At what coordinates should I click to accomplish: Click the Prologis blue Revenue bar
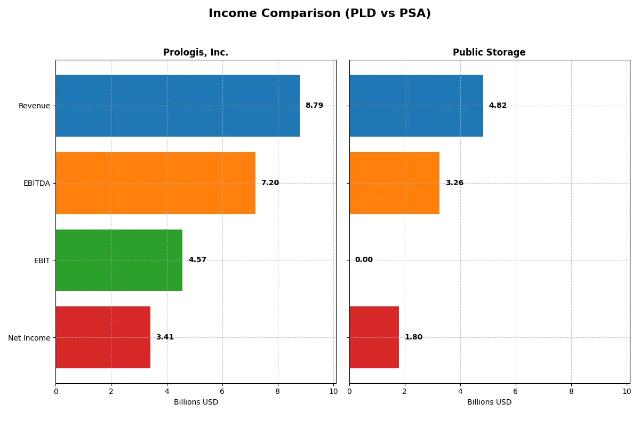(x=178, y=106)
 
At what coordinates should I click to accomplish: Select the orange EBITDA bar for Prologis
(x=155, y=183)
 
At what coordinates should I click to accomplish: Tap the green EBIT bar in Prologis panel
(x=119, y=260)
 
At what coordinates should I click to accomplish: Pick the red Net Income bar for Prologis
(x=103, y=337)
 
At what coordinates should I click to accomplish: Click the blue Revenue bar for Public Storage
(x=416, y=106)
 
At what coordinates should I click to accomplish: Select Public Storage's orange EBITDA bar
(x=395, y=183)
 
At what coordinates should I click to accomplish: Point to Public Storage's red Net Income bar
(x=374, y=337)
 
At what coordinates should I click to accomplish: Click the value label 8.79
(x=314, y=106)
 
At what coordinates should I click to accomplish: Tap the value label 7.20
(x=270, y=183)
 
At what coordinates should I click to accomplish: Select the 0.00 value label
(x=364, y=260)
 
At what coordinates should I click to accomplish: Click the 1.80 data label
(x=413, y=337)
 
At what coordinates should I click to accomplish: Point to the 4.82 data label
(x=498, y=106)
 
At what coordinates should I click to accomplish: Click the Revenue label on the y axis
(x=34, y=106)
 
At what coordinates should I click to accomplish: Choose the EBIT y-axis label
(x=42, y=260)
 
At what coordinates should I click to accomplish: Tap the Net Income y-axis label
(x=29, y=338)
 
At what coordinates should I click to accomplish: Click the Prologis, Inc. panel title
(x=196, y=52)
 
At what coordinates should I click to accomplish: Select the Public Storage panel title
(x=489, y=52)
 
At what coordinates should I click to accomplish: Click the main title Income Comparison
(x=319, y=13)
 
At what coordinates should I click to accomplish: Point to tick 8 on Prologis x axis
(x=278, y=391)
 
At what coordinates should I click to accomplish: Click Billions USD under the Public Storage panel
(x=489, y=402)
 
